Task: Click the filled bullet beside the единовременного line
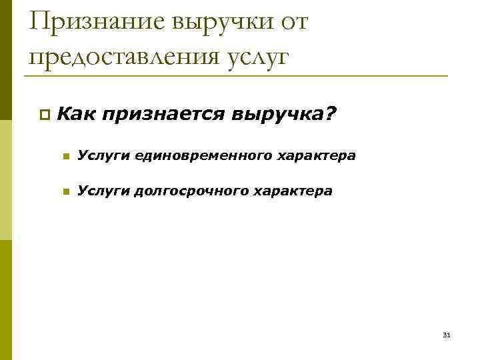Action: pyautogui.click(x=65, y=157)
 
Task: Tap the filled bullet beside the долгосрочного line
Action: pyautogui.click(x=65, y=192)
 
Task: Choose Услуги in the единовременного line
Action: pyautogui.click(x=103, y=156)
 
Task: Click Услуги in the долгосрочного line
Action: pyautogui.click(x=103, y=191)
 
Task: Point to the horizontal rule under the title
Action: pyautogui.click(x=233, y=75)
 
